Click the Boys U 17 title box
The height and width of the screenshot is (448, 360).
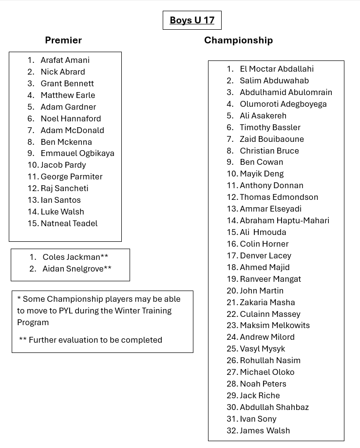click(x=192, y=20)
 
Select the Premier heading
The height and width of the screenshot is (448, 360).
click(x=63, y=40)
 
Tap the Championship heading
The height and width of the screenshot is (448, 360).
click(x=238, y=40)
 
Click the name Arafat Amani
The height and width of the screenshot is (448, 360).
click(x=65, y=60)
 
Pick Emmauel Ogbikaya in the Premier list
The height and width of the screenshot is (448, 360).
click(x=77, y=153)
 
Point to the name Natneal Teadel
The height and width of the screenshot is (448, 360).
click(x=69, y=223)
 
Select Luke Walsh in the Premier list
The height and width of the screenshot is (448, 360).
click(x=62, y=212)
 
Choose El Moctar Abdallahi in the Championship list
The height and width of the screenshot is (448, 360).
click(x=277, y=69)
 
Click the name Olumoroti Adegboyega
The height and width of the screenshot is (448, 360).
click(x=283, y=104)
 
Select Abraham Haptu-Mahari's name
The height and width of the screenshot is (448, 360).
click(x=284, y=220)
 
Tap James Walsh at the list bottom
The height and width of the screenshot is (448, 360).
click(x=265, y=430)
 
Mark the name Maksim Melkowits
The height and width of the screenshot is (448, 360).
click(x=275, y=325)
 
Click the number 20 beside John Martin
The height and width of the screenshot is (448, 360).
click(x=231, y=291)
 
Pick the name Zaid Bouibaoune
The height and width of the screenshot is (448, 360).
click(x=272, y=139)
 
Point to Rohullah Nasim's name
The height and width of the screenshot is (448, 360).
click(x=270, y=360)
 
